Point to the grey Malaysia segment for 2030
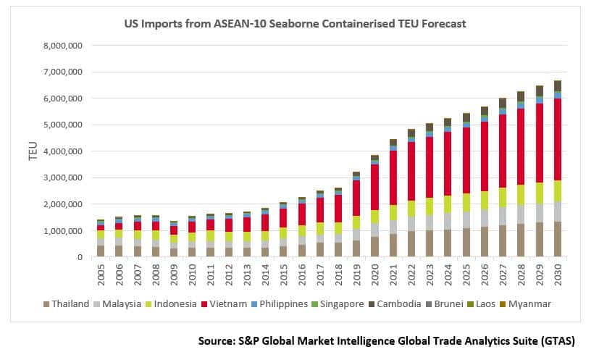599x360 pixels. (x=558, y=212)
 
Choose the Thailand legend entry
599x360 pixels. (x=70, y=304)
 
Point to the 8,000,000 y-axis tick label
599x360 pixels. (x=64, y=45)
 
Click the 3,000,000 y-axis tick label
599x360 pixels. (x=64, y=177)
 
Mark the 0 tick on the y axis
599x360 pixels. (x=80, y=257)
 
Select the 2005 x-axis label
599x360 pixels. (x=101, y=275)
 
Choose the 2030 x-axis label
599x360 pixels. (x=558, y=275)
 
